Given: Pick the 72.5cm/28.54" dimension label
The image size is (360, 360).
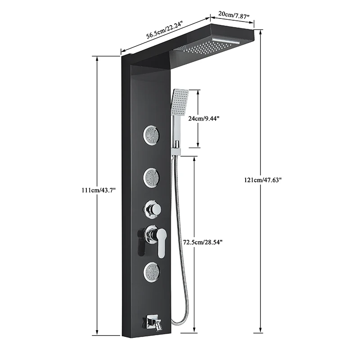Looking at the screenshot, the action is point(202,242).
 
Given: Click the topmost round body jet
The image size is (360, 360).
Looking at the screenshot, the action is point(151,135).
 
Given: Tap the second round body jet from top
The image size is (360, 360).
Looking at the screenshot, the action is point(151,177).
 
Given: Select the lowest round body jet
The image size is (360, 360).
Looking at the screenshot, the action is point(151,271).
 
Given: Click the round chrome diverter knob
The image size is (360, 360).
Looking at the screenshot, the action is point(153,209).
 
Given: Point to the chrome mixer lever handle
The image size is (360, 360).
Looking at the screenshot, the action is point(161,241).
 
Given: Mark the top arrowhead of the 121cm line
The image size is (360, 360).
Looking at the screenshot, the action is point(261,32).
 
